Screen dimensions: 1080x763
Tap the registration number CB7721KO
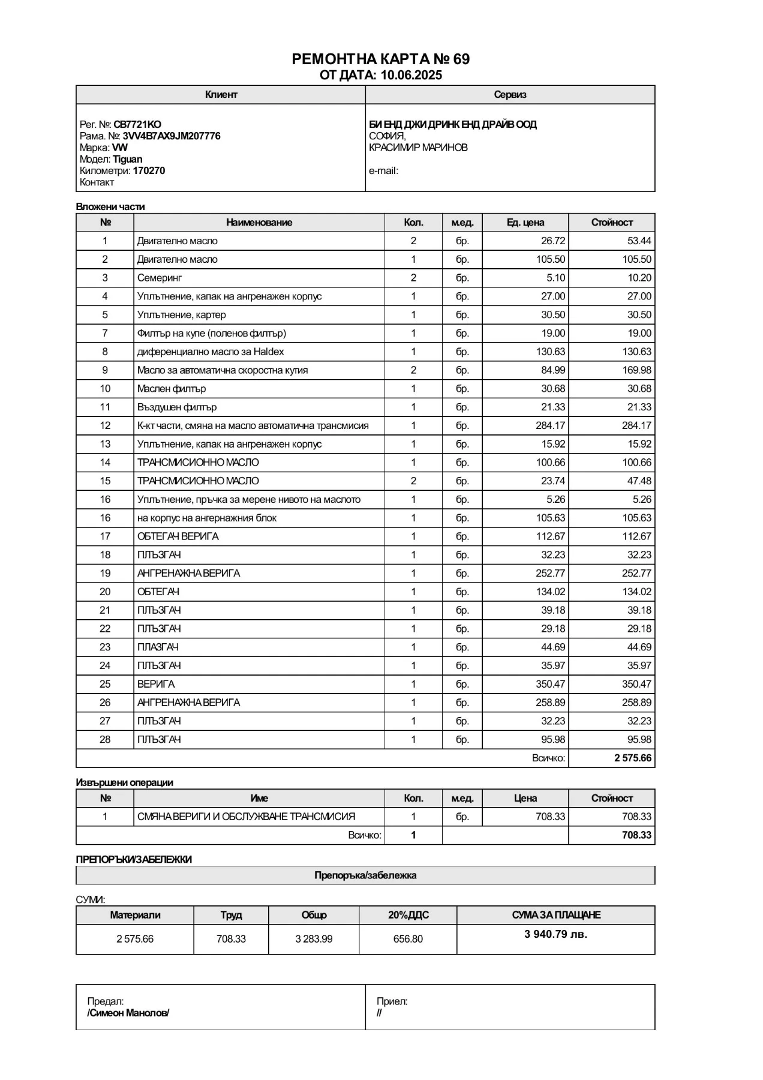click(137, 125)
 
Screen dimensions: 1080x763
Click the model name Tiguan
click(127, 160)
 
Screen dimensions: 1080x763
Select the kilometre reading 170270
click(149, 171)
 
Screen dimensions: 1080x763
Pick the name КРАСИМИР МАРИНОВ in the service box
click(418, 148)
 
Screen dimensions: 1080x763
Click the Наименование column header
click(259, 223)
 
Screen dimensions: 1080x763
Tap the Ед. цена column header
click(525, 223)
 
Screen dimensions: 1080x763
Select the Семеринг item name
click(159, 278)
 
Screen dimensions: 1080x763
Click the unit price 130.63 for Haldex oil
click(550, 352)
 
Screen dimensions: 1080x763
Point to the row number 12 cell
click(105, 425)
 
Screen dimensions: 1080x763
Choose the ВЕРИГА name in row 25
click(156, 684)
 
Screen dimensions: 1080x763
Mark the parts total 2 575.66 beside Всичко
click(632, 758)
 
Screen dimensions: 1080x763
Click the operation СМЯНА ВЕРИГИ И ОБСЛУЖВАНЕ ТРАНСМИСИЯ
click(246, 817)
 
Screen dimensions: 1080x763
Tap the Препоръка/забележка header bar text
click(365, 875)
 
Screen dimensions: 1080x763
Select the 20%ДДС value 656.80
click(408, 939)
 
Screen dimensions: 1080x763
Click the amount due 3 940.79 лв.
click(555, 934)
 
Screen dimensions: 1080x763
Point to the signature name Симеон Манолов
click(128, 1013)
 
